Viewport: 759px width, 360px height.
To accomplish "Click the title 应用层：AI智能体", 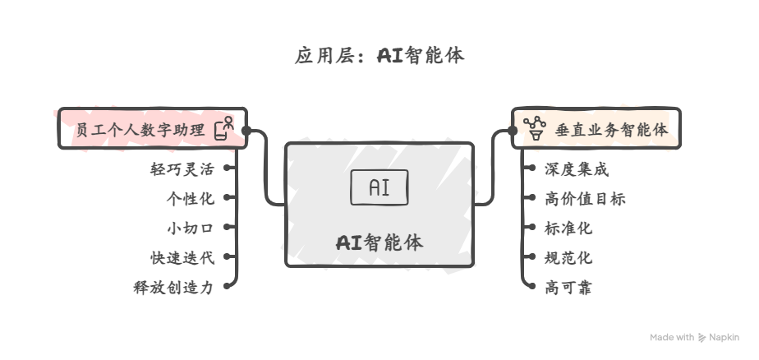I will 379,57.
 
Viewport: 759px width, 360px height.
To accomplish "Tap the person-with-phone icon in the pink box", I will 224,129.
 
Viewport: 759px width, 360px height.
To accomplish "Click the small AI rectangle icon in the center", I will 379,187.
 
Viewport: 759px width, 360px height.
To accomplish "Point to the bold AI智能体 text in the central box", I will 379,242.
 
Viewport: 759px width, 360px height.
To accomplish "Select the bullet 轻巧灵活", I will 182,170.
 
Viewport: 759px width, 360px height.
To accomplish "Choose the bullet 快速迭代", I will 182,258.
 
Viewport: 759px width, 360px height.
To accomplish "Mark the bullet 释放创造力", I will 173,288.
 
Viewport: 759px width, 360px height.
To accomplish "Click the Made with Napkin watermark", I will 695,337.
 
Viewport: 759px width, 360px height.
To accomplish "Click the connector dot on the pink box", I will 246,130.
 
